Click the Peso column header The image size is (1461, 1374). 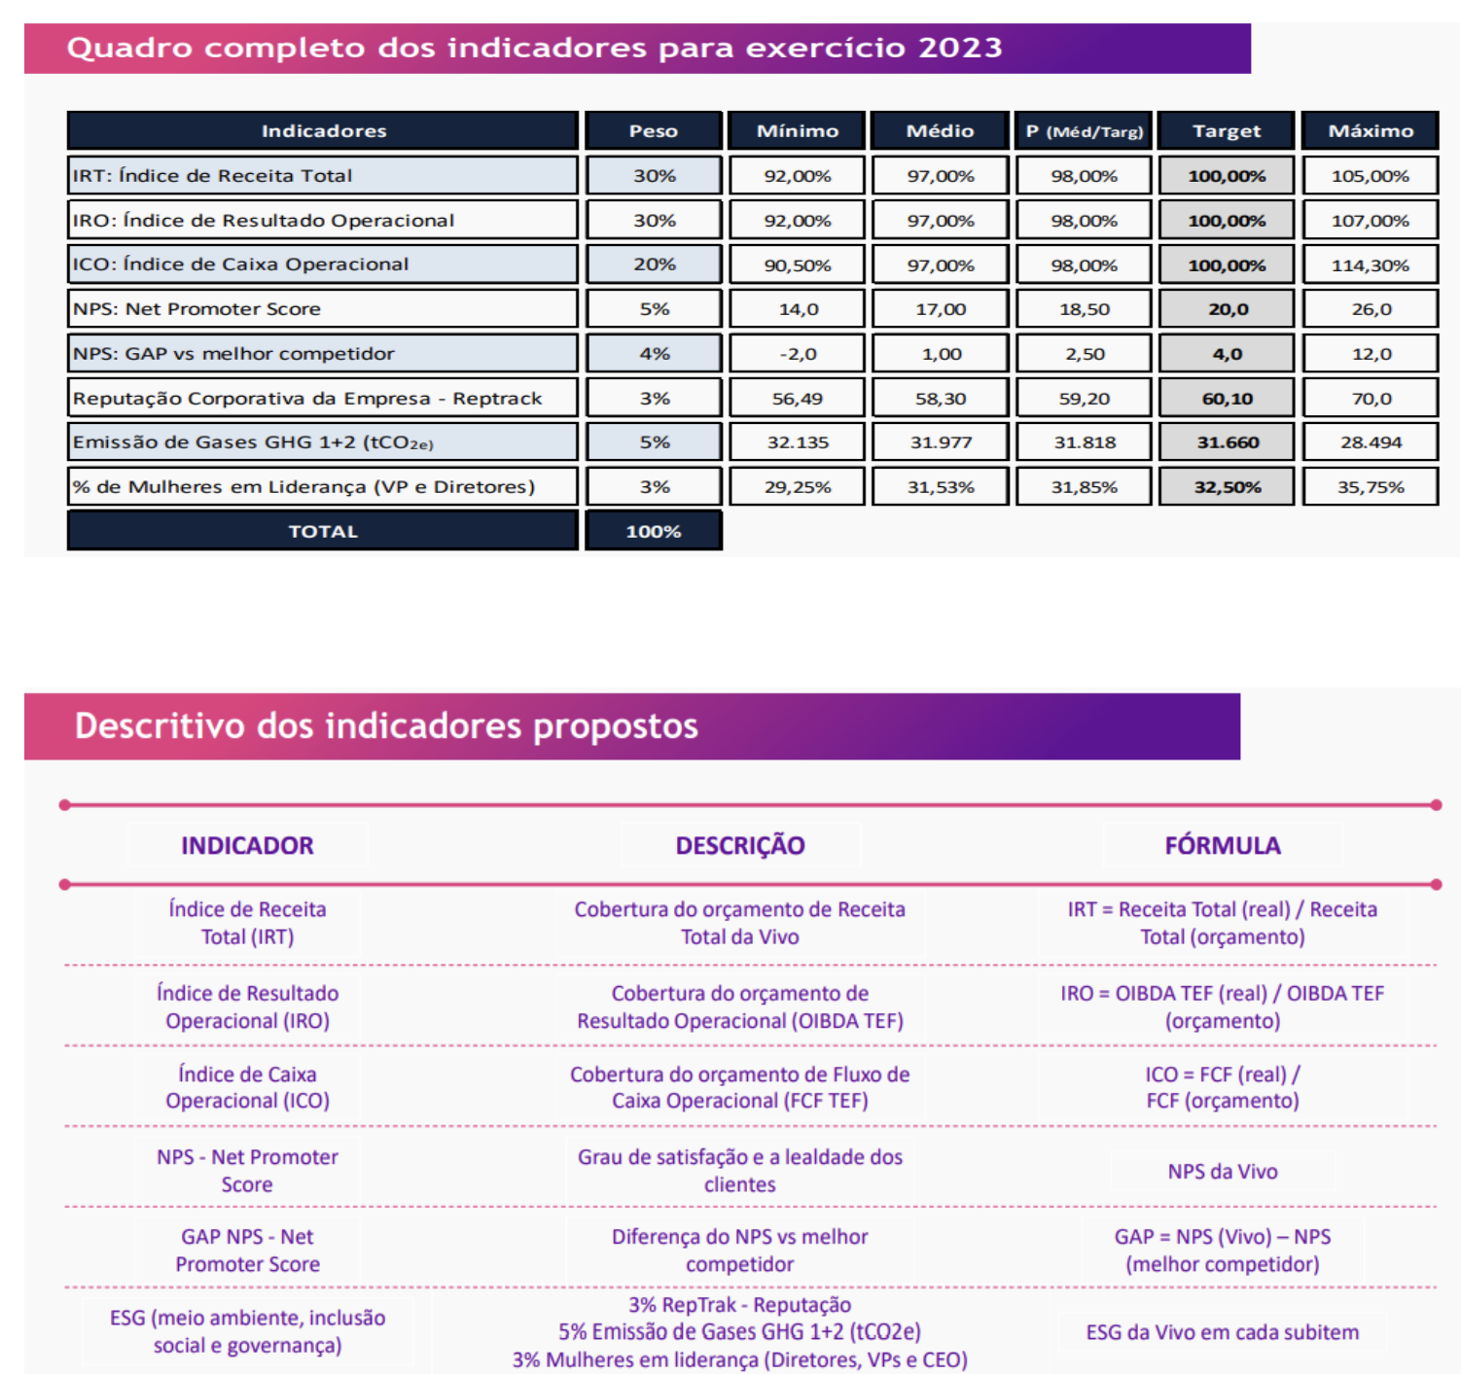click(x=654, y=130)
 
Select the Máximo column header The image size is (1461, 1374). click(x=1370, y=130)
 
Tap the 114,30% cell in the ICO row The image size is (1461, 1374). click(x=1370, y=264)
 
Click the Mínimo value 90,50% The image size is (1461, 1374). click(x=797, y=264)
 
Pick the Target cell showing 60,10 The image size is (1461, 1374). click(x=1227, y=398)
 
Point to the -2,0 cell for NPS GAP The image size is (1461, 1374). click(x=797, y=354)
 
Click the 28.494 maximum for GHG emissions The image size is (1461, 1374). click(x=1370, y=442)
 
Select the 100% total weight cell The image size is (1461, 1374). click(x=654, y=531)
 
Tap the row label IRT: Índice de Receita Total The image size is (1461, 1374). click(x=213, y=176)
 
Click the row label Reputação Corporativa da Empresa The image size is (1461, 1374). click(x=307, y=398)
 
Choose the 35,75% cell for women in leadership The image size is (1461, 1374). click(x=1370, y=487)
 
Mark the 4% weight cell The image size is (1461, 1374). click(x=654, y=354)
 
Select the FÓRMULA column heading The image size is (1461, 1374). click(x=1222, y=845)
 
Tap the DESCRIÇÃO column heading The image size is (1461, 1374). click(x=739, y=845)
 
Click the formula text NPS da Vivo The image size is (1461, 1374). click(x=1222, y=1172)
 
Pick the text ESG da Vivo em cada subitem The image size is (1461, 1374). click(x=1222, y=1332)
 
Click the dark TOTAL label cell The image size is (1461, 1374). click(x=323, y=531)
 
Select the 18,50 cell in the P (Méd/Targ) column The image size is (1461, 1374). click(x=1084, y=309)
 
